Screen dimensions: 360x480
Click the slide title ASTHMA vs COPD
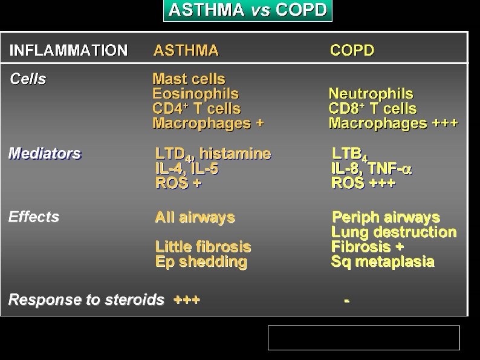click(248, 10)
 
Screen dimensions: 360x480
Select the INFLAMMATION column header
click(68, 50)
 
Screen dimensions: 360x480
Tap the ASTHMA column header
click(186, 50)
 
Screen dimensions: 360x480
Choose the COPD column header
click(352, 50)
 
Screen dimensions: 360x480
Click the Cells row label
click(28, 79)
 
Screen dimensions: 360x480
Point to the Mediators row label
click(45, 154)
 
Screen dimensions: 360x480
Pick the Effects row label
click(34, 217)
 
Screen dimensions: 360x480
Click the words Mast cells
click(189, 79)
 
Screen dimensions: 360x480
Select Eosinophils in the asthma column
click(195, 94)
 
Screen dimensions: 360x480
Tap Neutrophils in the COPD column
click(371, 94)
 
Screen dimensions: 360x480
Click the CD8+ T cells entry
click(372, 109)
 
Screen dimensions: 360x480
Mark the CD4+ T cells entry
click(196, 109)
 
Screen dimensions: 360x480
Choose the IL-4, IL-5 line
click(187, 169)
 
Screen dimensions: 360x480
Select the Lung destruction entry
click(394, 232)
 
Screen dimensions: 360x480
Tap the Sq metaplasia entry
click(383, 262)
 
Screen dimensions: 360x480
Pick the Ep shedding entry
click(201, 262)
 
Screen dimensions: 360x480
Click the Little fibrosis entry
click(203, 247)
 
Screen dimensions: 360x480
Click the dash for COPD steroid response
click(346, 300)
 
